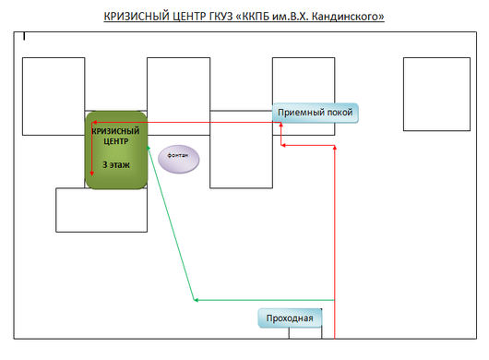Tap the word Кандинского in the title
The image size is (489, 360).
(x=348, y=17)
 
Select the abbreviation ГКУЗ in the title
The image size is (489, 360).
(x=220, y=17)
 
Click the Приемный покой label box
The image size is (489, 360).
(x=316, y=113)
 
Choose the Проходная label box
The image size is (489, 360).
(x=290, y=318)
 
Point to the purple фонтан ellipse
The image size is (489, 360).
(x=179, y=159)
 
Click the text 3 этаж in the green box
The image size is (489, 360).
(x=116, y=164)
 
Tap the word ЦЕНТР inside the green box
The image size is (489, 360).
(x=116, y=141)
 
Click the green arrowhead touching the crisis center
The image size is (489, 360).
(x=149, y=148)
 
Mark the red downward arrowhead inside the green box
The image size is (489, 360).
(x=92, y=174)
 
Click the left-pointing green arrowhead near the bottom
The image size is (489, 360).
(x=197, y=300)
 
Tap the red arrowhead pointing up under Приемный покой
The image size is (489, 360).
(x=281, y=125)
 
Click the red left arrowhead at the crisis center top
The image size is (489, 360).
(x=94, y=122)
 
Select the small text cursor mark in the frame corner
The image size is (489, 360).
(x=24, y=37)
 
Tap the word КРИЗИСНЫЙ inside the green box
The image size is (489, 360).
(x=116, y=131)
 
